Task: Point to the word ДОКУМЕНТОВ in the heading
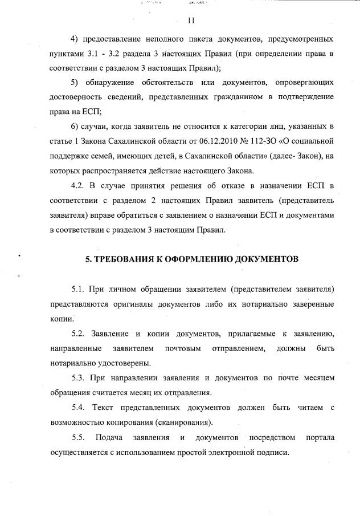[x=269, y=259]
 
